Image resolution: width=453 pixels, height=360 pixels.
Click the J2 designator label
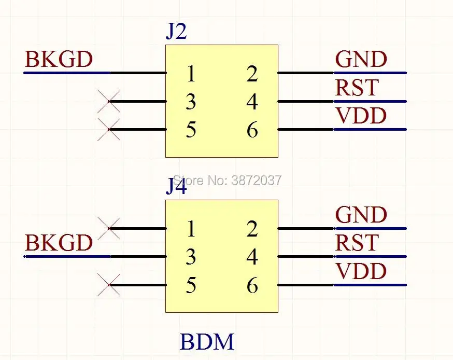(x=176, y=32)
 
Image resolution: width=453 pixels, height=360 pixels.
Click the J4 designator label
(x=176, y=187)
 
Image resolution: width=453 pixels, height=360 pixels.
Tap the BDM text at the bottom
(x=207, y=342)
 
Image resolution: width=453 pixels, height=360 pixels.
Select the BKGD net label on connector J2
(x=59, y=60)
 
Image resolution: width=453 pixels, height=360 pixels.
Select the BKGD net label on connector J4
(x=59, y=243)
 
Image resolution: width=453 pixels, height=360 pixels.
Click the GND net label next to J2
(x=361, y=60)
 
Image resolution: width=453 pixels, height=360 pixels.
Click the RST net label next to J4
(x=357, y=243)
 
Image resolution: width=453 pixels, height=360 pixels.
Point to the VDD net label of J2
(x=361, y=116)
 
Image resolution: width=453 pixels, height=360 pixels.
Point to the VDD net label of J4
(x=361, y=271)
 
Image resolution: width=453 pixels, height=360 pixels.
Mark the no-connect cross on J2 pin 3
(x=109, y=101)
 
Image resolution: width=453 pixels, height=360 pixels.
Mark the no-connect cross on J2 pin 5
(x=109, y=129)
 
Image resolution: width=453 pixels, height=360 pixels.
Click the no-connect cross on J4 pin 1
(x=109, y=228)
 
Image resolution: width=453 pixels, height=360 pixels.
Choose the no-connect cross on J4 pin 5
(x=109, y=285)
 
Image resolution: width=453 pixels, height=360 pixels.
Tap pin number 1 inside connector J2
(x=191, y=74)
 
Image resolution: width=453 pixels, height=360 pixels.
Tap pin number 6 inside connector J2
(x=252, y=130)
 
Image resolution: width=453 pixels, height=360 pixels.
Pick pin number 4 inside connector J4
(x=252, y=257)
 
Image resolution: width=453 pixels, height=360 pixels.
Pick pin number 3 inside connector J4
(x=191, y=257)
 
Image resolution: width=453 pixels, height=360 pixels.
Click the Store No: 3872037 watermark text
(x=227, y=180)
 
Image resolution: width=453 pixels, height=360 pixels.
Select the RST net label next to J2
(x=357, y=88)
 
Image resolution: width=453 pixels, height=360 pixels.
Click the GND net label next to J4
(x=361, y=215)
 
